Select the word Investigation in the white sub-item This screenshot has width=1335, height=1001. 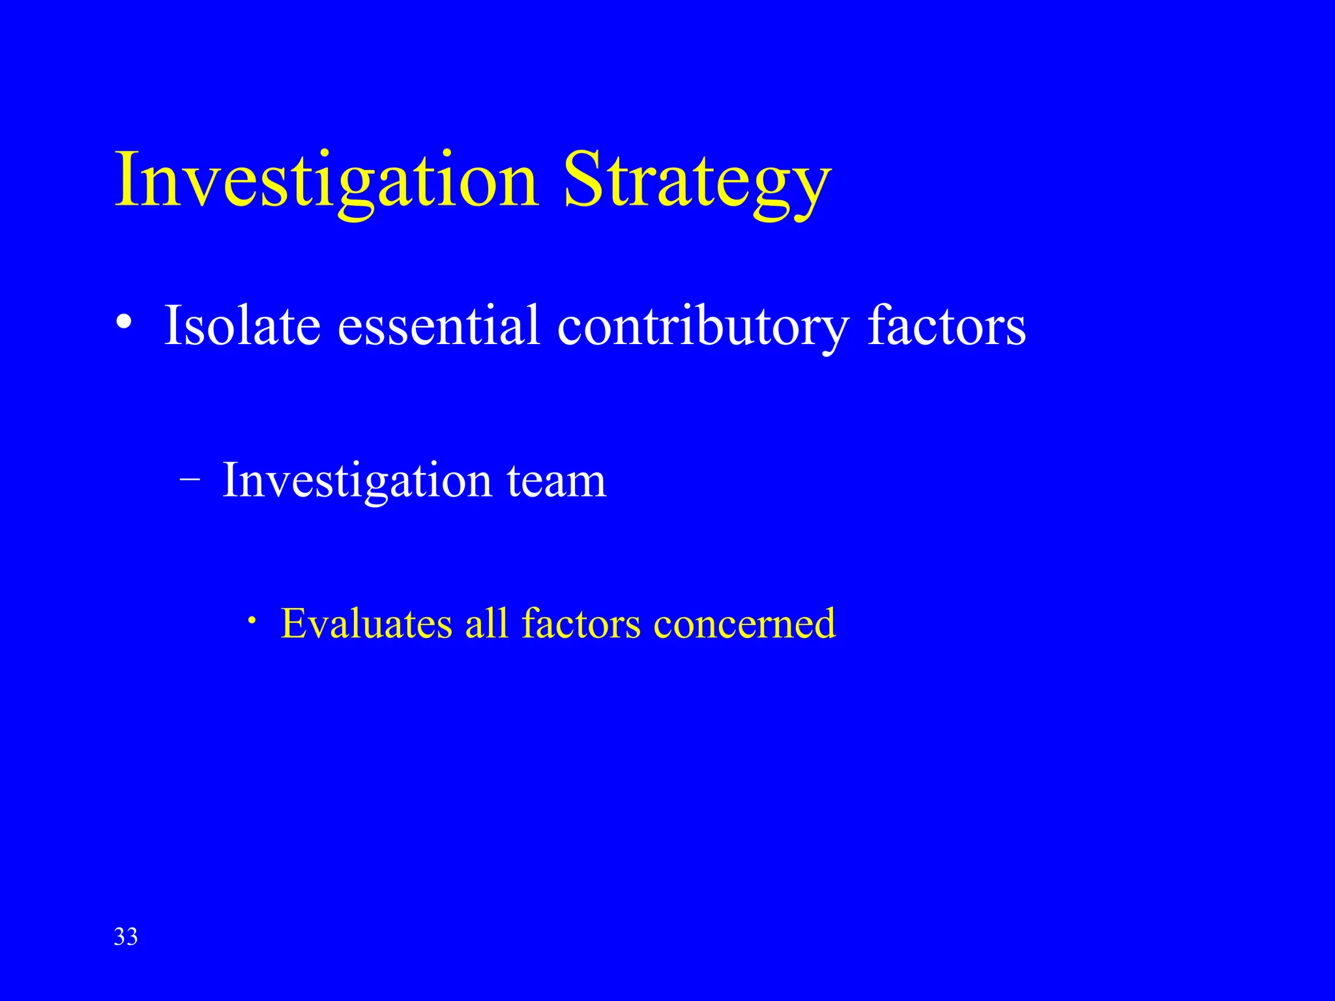point(357,480)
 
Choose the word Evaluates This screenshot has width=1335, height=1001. point(366,623)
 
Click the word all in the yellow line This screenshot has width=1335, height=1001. point(486,623)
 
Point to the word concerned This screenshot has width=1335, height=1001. point(744,623)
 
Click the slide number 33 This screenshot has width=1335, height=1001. point(126,936)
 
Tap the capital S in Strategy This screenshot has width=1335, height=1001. point(583,179)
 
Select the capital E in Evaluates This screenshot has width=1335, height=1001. point(293,623)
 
